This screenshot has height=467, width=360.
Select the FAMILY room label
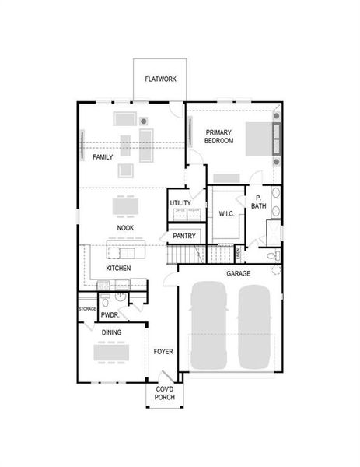click(x=103, y=156)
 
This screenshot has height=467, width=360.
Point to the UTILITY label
click(x=180, y=203)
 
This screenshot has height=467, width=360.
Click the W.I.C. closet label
click(x=226, y=212)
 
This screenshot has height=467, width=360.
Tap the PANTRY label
click(x=183, y=235)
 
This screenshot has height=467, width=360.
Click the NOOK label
click(x=125, y=228)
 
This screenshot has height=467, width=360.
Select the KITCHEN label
click(x=118, y=269)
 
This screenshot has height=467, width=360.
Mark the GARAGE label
click(x=238, y=274)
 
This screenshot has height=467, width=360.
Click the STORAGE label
click(x=87, y=309)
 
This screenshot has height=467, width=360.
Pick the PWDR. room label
click(x=108, y=316)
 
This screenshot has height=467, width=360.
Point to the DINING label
click(x=112, y=332)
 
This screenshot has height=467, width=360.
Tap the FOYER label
click(x=163, y=351)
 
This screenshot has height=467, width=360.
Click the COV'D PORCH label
click(x=164, y=393)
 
